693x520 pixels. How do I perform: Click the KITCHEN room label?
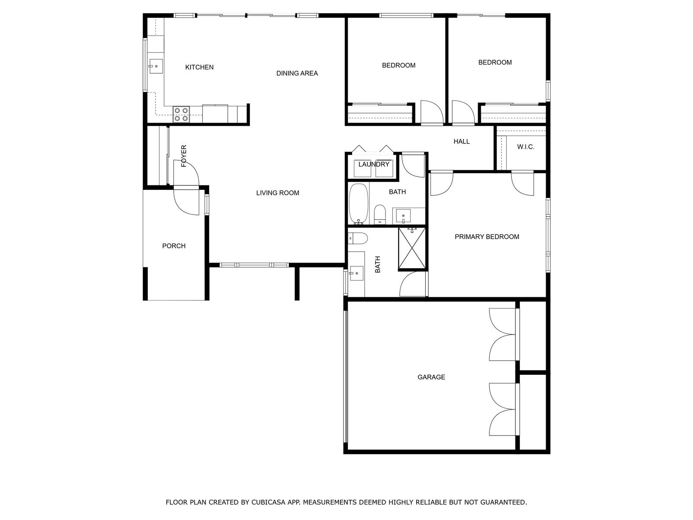[x=199, y=67]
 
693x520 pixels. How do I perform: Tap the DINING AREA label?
[x=297, y=73]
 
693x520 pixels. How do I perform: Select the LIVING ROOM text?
[x=278, y=193]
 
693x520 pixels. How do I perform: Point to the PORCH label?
[x=174, y=246]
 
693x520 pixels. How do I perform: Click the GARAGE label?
[x=431, y=377]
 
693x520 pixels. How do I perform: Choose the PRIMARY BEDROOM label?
[x=487, y=237]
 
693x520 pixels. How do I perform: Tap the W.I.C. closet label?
[x=526, y=147]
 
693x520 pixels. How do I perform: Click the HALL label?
[x=461, y=141]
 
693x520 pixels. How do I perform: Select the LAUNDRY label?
[x=373, y=164]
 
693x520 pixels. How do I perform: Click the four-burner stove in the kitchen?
[x=181, y=114]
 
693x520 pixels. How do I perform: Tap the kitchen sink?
[x=156, y=66]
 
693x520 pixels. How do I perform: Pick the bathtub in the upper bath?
[x=359, y=204]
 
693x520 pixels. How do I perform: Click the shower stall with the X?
[x=412, y=248]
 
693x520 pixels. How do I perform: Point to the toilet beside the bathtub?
[x=380, y=214]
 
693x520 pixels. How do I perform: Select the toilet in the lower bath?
[x=358, y=238]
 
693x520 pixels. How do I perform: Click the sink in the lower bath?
[x=356, y=273]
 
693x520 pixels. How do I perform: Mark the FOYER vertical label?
[x=184, y=156]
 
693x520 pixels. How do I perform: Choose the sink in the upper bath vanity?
[x=403, y=216]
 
